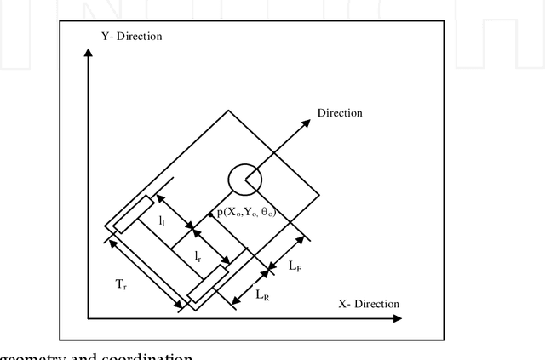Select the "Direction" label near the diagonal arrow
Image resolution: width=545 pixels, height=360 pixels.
(340, 112)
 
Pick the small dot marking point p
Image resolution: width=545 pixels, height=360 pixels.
(209, 214)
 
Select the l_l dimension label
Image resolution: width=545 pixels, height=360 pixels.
(163, 219)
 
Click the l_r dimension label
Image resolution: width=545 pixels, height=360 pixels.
(198, 255)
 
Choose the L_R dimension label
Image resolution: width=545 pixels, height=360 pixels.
(264, 294)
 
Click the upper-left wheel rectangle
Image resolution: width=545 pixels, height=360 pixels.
(134, 214)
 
